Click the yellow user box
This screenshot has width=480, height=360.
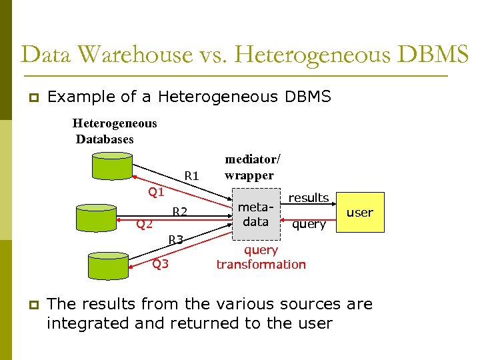pos(361,213)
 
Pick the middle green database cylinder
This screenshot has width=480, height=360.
pos(97,217)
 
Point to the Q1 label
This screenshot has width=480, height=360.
pos(156,192)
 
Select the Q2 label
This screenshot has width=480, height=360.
pos(145,224)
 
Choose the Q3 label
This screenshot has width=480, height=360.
pos(160,263)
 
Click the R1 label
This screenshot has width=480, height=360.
pos(192,176)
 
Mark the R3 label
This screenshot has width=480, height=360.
pos(176,239)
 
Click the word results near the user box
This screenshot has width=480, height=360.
pos(308,198)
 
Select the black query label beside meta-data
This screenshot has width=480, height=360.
pos(309,225)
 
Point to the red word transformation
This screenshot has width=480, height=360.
pos(261,264)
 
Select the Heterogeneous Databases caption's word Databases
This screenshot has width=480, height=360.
pos(105,139)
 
